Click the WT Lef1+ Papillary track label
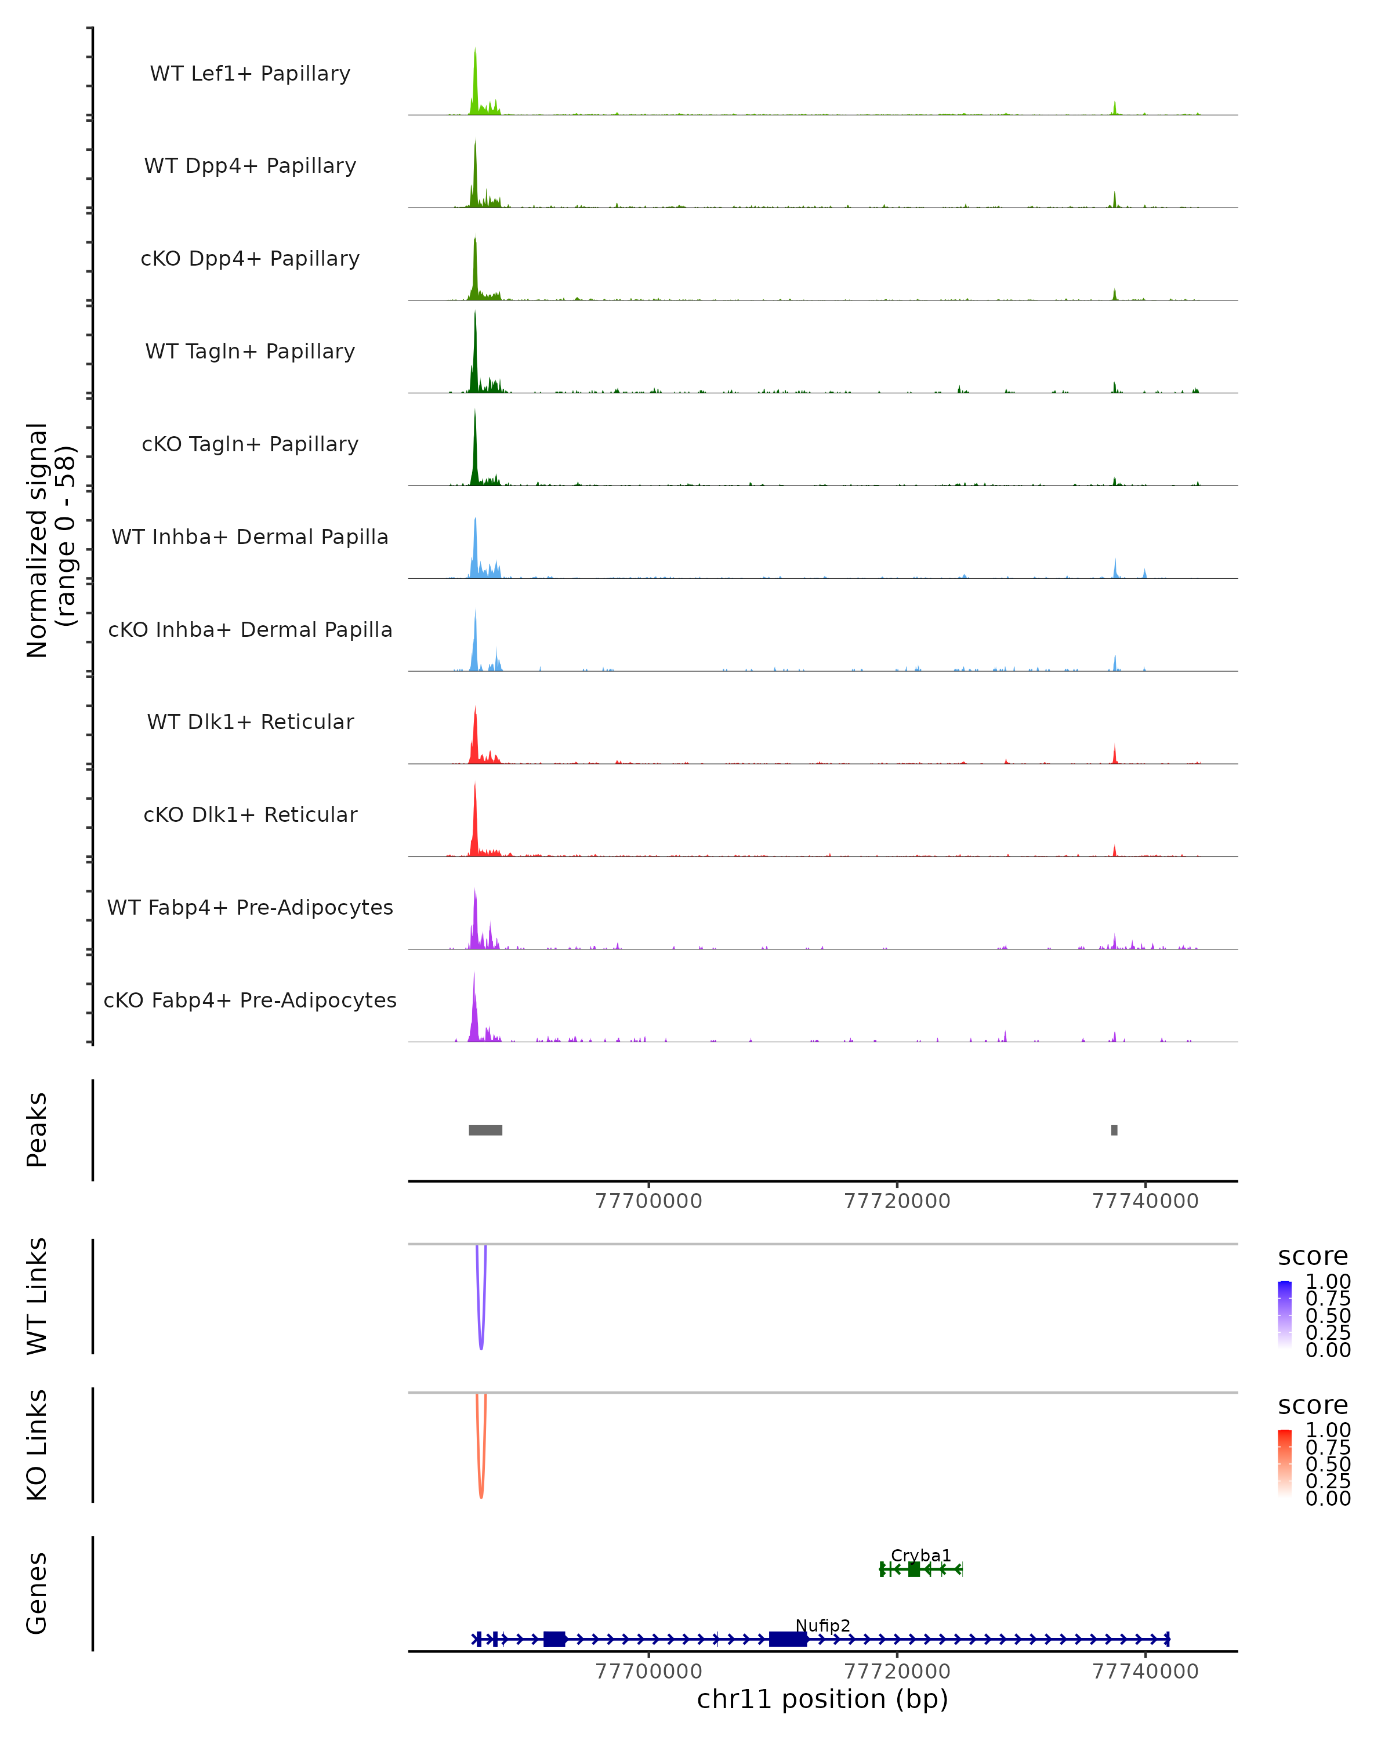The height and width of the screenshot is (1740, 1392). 250,74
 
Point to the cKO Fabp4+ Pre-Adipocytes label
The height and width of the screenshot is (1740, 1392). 250,1000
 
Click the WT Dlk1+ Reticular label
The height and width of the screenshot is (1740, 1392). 250,722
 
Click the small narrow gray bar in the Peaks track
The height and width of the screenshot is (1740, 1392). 1114,1130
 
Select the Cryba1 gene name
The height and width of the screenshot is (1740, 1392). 920,1555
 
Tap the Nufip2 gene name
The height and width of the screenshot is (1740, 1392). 822,1625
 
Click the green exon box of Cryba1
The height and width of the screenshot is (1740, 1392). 913,1569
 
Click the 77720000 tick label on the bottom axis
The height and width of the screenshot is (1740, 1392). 897,1672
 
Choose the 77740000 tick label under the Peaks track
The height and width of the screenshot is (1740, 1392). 1145,1201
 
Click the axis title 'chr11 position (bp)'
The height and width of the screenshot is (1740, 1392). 822,1699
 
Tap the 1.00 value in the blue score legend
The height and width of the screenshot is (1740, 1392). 1328,1282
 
